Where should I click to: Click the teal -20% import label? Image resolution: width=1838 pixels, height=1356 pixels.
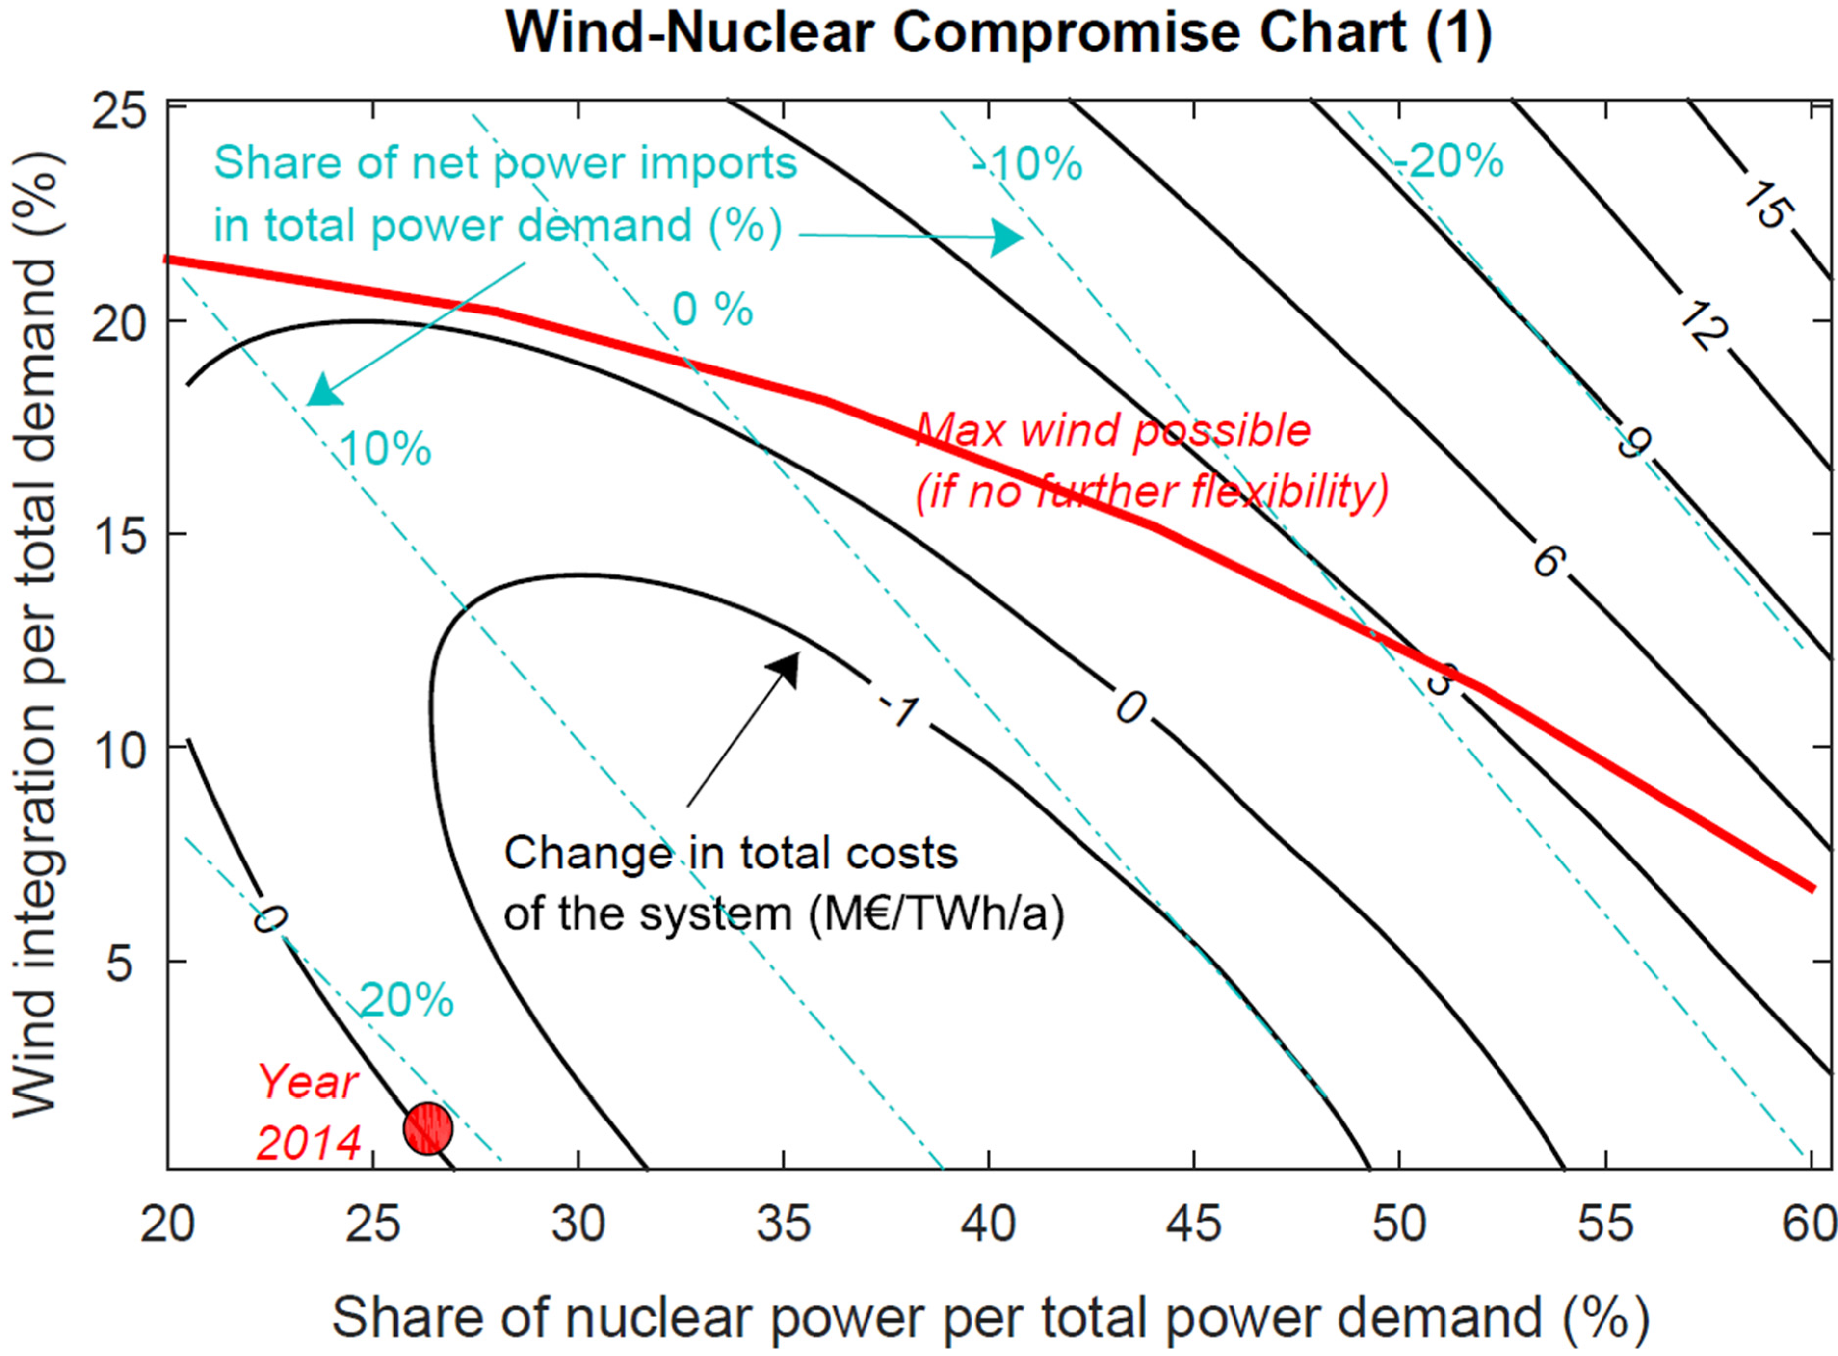[1449, 161]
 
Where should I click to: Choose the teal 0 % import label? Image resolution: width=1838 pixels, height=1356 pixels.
[712, 310]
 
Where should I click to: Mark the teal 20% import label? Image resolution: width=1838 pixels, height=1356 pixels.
[406, 1000]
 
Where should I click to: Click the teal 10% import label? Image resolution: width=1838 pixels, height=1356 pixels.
[385, 449]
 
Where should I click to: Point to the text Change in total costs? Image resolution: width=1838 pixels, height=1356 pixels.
[731, 854]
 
